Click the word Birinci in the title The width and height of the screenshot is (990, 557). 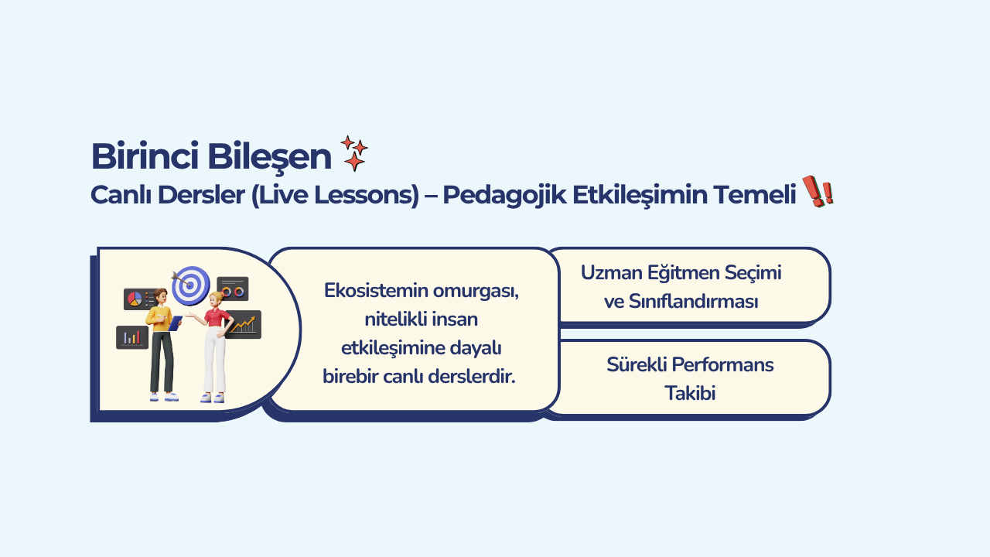click(145, 156)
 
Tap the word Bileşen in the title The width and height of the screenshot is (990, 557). click(269, 157)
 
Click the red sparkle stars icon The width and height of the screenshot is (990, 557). click(354, 153)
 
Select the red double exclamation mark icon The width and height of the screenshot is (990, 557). click(818, 191)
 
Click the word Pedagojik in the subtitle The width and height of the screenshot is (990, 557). click(504, 195)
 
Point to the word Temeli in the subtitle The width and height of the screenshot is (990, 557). click(754, 194)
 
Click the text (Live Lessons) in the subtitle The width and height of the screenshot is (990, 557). click(335, 195)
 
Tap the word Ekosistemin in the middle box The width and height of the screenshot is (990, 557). click(376, 290)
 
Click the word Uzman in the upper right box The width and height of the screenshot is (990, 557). click(611, 273)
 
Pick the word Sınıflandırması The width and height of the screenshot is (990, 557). click(694, 302)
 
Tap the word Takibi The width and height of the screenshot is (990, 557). click(690, 394)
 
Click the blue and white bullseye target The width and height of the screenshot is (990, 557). click(191, 285)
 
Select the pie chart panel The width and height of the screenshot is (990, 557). click(138, 299)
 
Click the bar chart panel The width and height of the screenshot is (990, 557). click(132, 337)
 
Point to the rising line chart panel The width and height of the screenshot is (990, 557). click(244, 324)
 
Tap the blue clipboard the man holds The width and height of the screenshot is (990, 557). click(176, 323)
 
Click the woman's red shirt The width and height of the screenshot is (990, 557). click(217, 317)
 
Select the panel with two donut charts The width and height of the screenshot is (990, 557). click(233, 289)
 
